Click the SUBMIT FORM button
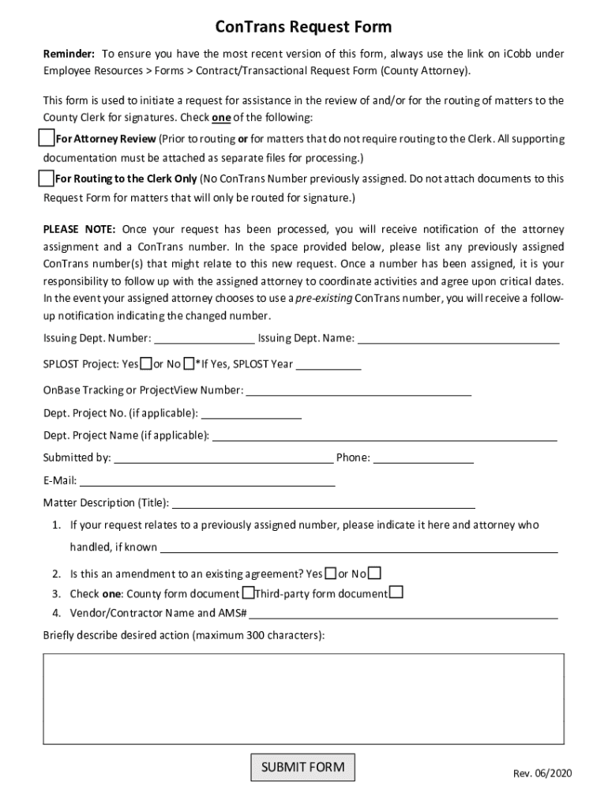303,767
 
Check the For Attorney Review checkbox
47,138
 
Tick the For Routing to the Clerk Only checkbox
47,178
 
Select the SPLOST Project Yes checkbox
146,363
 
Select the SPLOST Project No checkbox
188,363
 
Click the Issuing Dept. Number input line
204,339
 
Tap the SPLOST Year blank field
328,364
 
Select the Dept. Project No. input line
251,413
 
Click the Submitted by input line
223,457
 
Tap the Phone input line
423,457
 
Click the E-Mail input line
207,480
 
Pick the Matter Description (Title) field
323,503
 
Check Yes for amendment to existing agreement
331,573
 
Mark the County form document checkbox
248,593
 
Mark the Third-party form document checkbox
396,593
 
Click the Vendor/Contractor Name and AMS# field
403,613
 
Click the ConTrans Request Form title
303,28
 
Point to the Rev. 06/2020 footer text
540,773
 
